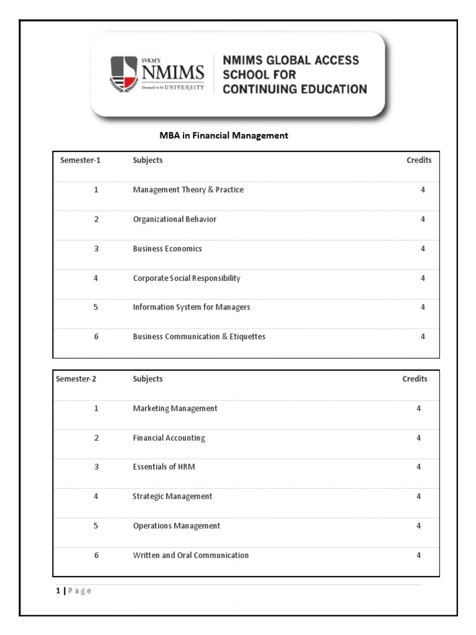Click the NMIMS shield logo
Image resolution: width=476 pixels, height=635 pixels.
tap(125, 74)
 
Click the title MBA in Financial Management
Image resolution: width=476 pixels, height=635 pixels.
tap(224, 135)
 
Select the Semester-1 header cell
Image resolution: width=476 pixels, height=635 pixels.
tap(81, 160)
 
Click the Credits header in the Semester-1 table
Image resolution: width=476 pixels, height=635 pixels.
tap(419, 160)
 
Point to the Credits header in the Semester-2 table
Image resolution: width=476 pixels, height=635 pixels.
tap(415, 379)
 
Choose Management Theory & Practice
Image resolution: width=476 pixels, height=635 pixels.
tap(188, 190)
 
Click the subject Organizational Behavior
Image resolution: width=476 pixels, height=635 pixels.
tap(174, 219)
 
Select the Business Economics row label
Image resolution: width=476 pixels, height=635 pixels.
tap(167, 249)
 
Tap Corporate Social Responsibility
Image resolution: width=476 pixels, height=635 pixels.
tap(187, 278)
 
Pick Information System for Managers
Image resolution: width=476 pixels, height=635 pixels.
tap(191, 307)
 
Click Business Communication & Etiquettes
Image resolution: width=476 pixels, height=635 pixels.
tap(199, 337)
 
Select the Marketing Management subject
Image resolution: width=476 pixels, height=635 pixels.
tap(175, 408)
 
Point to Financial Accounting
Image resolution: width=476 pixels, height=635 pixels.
tap(169, 438)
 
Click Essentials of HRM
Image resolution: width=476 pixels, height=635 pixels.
tap(164, 467)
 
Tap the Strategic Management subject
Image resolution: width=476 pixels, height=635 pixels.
tap(172, 496)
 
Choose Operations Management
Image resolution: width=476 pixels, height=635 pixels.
tap(176, 526)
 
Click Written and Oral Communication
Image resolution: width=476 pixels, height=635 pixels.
tap(190, 555)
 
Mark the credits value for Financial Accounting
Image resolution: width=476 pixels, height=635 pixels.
tap(418, 438)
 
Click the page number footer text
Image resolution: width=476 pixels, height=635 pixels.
tap(74, 591)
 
